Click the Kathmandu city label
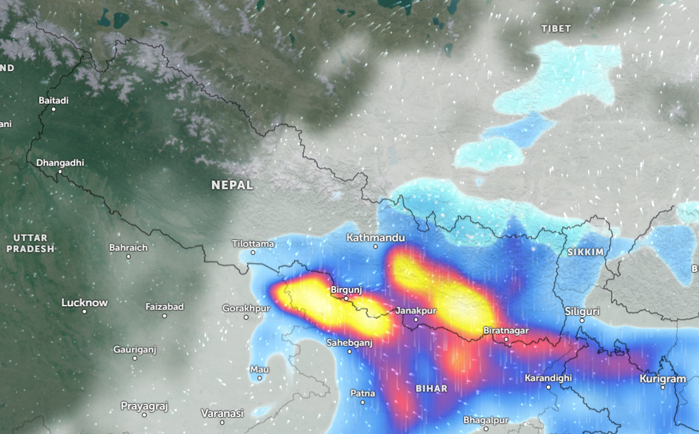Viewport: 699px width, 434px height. point(375,238)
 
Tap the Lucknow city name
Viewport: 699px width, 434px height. point(85,303)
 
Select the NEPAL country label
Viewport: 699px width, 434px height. point(232,185)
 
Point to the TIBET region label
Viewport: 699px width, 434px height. point(555,29)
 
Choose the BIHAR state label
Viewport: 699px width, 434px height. point(431,388)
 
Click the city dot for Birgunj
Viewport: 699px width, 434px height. point(345,299)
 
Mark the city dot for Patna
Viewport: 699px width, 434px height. point(363,402)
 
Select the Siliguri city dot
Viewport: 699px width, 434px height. point(582,320)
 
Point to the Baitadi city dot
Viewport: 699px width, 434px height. point(54,109)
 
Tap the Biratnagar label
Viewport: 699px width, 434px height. point(506,331)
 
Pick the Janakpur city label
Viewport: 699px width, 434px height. point(416,310)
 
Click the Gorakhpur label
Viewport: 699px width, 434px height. point(246,308)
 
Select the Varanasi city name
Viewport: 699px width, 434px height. point(222,413)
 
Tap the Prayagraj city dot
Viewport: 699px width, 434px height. point(144,415)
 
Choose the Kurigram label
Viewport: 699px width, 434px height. point(663,379)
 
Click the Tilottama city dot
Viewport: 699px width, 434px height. point(253,252)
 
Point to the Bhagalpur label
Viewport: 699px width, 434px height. point(486,420)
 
